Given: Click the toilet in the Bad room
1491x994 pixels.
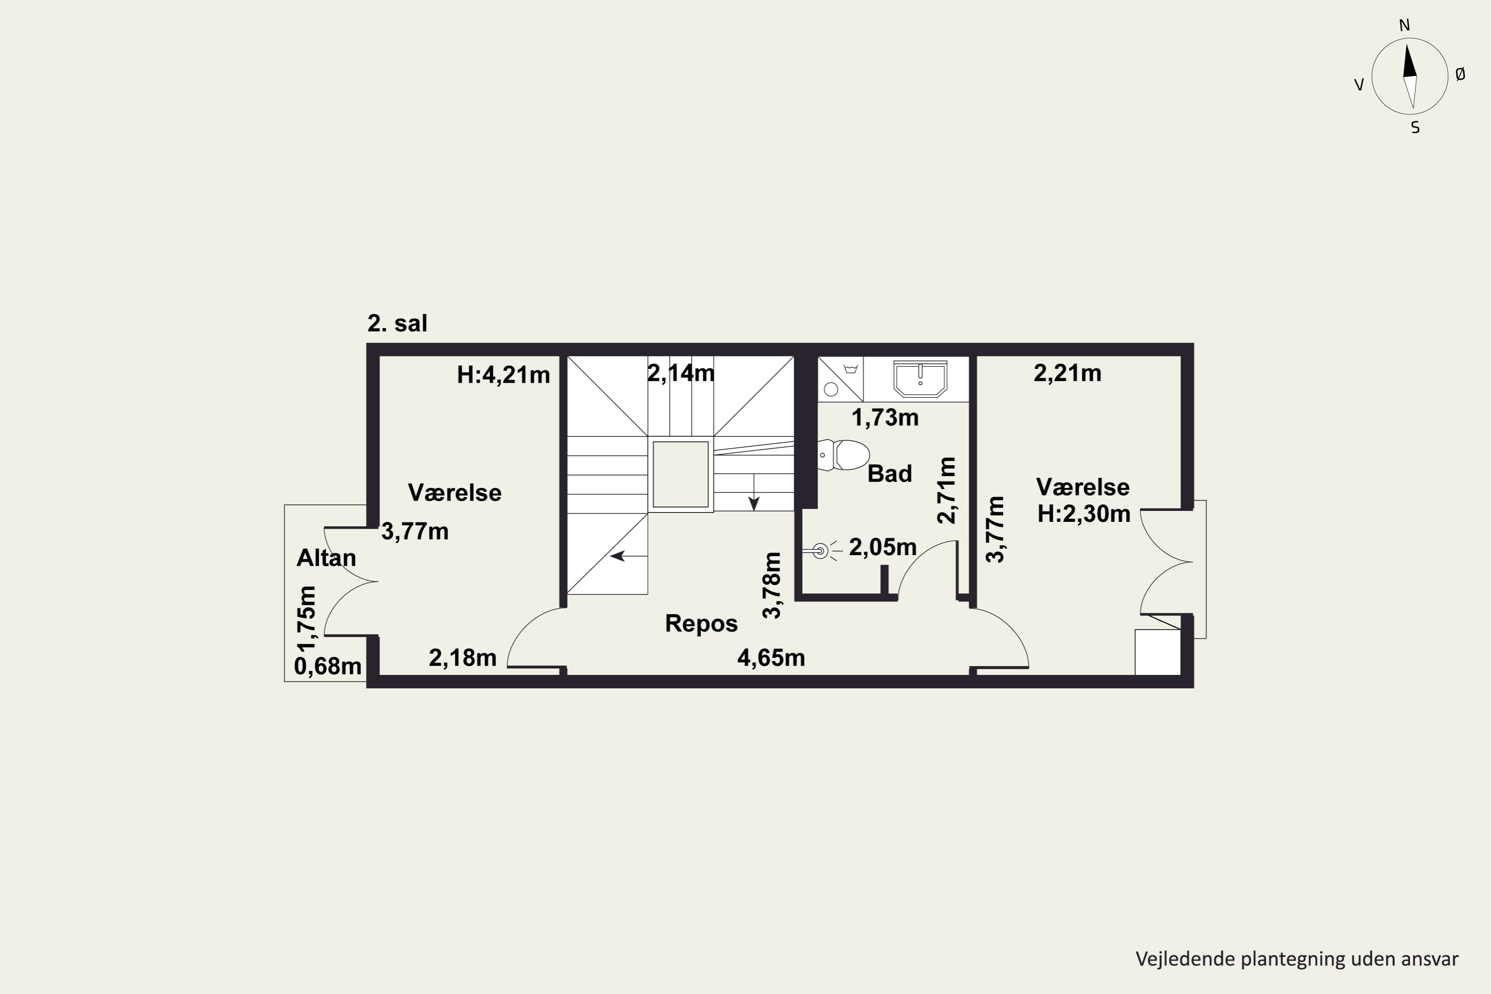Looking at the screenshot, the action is [x=842, y=455].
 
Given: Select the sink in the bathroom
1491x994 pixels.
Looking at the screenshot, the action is [x=920, y=378].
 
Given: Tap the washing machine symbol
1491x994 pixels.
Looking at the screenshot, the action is [x=840, y=379].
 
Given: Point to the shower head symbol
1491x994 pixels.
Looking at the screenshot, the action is [x=821, y=551].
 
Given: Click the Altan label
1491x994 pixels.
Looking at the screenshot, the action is [x=327, y=558].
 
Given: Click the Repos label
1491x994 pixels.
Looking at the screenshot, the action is [x=701, y=624].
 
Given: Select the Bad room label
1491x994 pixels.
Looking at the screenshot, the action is [x=890, y=474].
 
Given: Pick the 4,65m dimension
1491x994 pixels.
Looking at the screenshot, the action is [x=771, y=658].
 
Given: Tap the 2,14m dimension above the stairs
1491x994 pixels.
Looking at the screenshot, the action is [x=681, y=373].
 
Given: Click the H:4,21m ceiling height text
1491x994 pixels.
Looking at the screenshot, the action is [x=503, y=375].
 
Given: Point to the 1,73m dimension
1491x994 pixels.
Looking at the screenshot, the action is [x=885, y=418].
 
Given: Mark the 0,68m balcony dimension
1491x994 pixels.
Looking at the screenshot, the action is [x=328, y=666].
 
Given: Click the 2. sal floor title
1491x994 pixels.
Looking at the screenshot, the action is [x=398, y=324].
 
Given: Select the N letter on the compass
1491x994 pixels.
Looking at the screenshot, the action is [x=1404, y=25].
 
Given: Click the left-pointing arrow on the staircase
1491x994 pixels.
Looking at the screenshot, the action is [x=628, y=556].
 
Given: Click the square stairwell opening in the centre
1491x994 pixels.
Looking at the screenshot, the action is [x=681, y=474].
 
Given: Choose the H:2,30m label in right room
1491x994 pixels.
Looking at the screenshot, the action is [x=1084, y=514].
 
